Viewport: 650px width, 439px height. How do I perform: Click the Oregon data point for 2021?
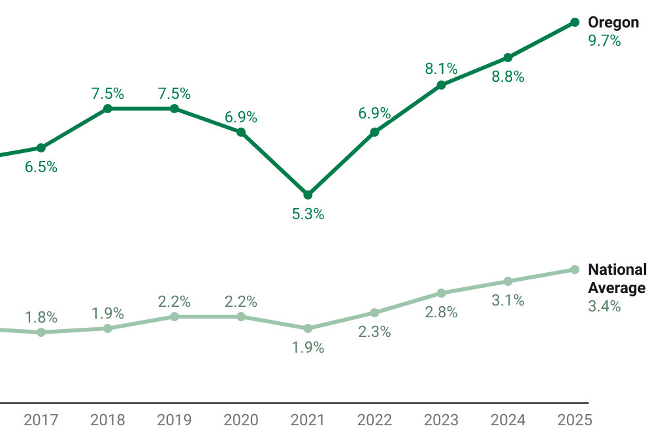[308, 195]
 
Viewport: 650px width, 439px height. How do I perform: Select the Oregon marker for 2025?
[575, 22]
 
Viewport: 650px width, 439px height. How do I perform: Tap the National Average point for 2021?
[308, 328]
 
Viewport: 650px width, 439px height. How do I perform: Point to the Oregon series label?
[613, 22]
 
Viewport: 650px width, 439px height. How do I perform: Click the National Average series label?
[617, 279]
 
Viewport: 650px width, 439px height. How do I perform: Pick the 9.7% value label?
[604, 41]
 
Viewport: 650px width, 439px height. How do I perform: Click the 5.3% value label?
[308, 214]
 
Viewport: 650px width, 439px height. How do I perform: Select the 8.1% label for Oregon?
[441, 69]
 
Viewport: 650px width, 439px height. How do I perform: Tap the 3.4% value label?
[604, 306]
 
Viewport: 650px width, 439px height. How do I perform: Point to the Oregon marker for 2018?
[108, 109]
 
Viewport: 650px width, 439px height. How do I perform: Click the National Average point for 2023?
[441, 293]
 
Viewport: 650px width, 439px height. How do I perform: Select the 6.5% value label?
[41, 167]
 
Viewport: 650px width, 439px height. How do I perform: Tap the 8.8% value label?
[508, 77]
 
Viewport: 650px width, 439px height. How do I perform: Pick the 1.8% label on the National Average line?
[41, 318]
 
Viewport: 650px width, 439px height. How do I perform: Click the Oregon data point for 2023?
[441, 85]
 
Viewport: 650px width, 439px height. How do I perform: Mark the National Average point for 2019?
[174, 317]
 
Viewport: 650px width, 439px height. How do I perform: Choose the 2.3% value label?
[374, 332]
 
